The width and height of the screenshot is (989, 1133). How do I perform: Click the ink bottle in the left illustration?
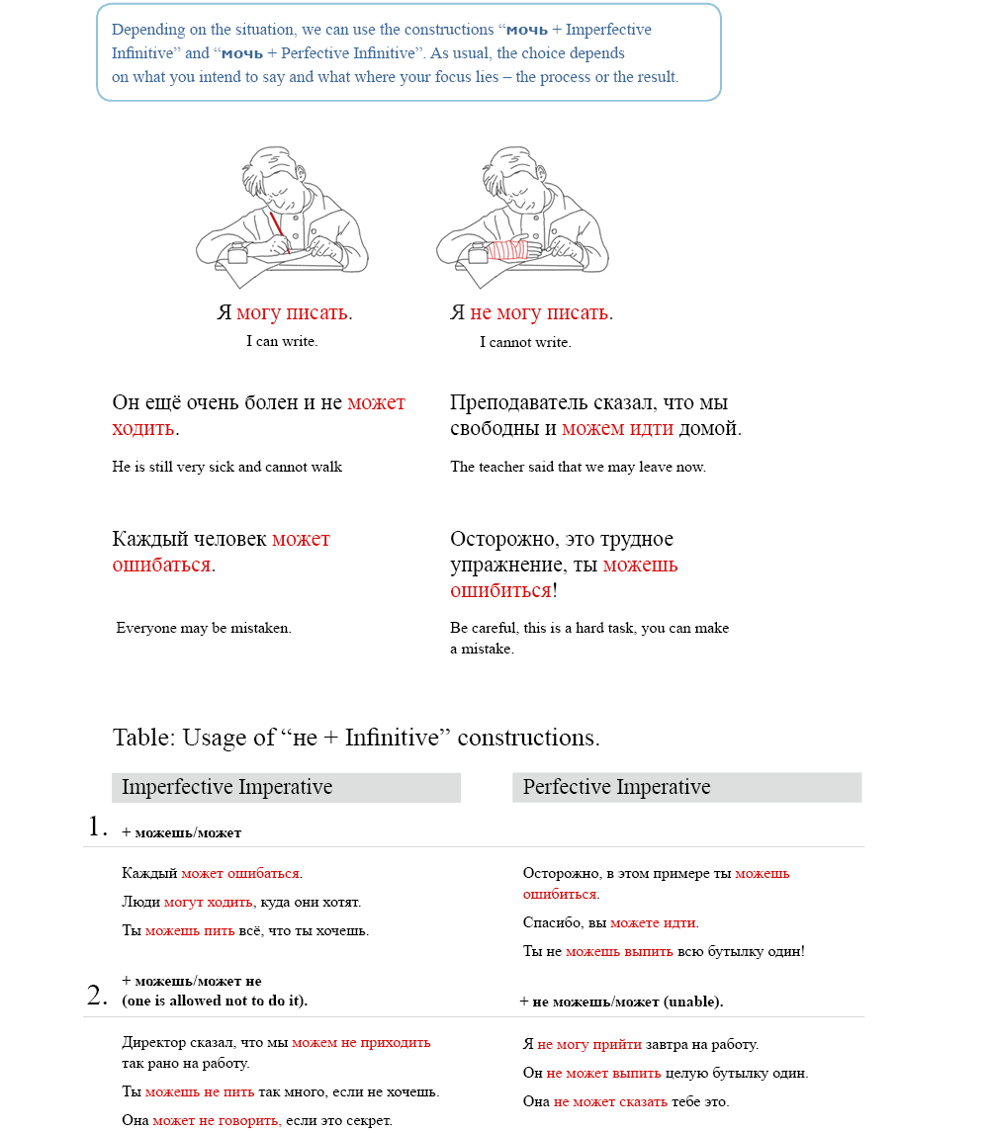237,253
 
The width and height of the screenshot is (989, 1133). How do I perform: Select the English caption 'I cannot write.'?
525,343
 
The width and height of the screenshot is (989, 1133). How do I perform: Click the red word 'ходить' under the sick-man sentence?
143,429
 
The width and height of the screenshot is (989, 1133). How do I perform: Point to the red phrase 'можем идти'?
617,429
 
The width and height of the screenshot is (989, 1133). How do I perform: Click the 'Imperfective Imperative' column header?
226,788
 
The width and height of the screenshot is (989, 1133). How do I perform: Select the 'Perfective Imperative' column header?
616,788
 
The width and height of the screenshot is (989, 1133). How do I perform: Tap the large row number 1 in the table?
98,828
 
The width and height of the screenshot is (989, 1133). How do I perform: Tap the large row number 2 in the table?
97,996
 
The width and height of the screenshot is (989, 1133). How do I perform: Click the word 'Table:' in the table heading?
144,739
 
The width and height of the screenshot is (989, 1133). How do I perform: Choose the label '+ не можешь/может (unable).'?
621,1002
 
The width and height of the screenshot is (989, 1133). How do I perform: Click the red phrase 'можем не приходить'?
361,1043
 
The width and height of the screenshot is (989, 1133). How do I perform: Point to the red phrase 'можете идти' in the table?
654,923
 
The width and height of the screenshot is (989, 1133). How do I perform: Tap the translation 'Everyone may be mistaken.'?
204,628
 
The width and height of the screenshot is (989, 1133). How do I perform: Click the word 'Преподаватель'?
520,403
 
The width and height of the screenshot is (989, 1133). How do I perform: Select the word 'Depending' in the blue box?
146,30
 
